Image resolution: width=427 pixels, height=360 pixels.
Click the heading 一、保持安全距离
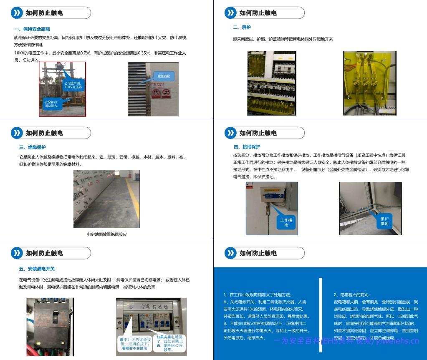pyautogui.click(x=32, y=29)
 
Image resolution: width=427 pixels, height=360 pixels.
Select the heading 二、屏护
pyautogui.click(x=242, y=28)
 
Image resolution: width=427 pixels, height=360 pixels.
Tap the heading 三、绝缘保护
pyautogui.click(x=33, y=147)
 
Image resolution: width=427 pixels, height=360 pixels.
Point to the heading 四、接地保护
pyautogui.click(x=247, y=147)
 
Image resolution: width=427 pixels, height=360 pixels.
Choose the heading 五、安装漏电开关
pyautogui.click(x=37, y=269)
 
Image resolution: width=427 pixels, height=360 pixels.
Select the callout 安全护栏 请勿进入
pyautogui.click(x=52, y=104)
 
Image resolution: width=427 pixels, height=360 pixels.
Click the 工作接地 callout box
pyautogui.click(x=286, y=222)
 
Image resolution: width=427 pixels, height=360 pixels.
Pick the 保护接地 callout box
pyautogui.click(x=384, y=221)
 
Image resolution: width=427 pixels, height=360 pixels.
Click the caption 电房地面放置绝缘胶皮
pyautogui.click(x=106, y=234)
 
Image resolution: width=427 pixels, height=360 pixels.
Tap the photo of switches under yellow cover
pyautogui.click(x=369, y=83)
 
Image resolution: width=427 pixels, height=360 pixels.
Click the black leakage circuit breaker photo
pyautogui.click(x=50, y=326)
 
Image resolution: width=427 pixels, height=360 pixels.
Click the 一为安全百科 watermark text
pyautogui.click(x=346, y=342)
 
